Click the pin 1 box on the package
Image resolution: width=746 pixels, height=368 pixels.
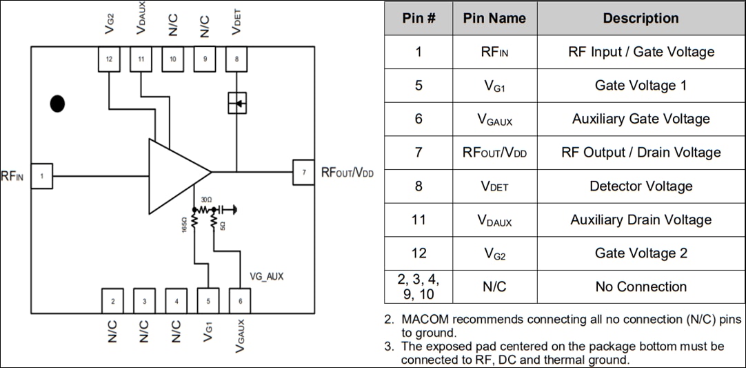[41, 176]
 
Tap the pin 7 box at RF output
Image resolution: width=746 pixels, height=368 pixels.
[303, 172]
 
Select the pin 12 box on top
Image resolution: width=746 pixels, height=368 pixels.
[109, 59]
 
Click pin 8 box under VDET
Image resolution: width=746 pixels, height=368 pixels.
[236, 59]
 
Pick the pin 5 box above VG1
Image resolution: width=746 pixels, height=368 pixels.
[208, 300]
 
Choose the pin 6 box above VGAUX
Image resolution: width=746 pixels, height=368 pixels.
[240, 300]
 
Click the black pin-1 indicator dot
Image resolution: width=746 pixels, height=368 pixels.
[57, 104]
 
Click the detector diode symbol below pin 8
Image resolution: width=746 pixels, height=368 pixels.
[236, 104]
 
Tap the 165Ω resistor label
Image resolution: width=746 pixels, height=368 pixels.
[184, 224]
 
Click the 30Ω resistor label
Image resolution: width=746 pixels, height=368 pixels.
[205, 200]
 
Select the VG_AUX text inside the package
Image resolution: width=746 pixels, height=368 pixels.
[266, 276]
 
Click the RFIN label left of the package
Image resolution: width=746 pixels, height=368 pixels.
[12, 177]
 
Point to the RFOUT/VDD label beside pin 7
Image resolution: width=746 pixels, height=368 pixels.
[347, 173]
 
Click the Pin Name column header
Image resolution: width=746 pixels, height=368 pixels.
[494, 18]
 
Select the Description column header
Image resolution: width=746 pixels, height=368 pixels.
[641, 18]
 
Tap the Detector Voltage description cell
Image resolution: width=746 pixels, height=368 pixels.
[641, 186]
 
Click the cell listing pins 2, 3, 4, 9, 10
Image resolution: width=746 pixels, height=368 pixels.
[418, 287]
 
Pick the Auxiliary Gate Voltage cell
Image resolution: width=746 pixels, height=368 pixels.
[641, 119]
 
